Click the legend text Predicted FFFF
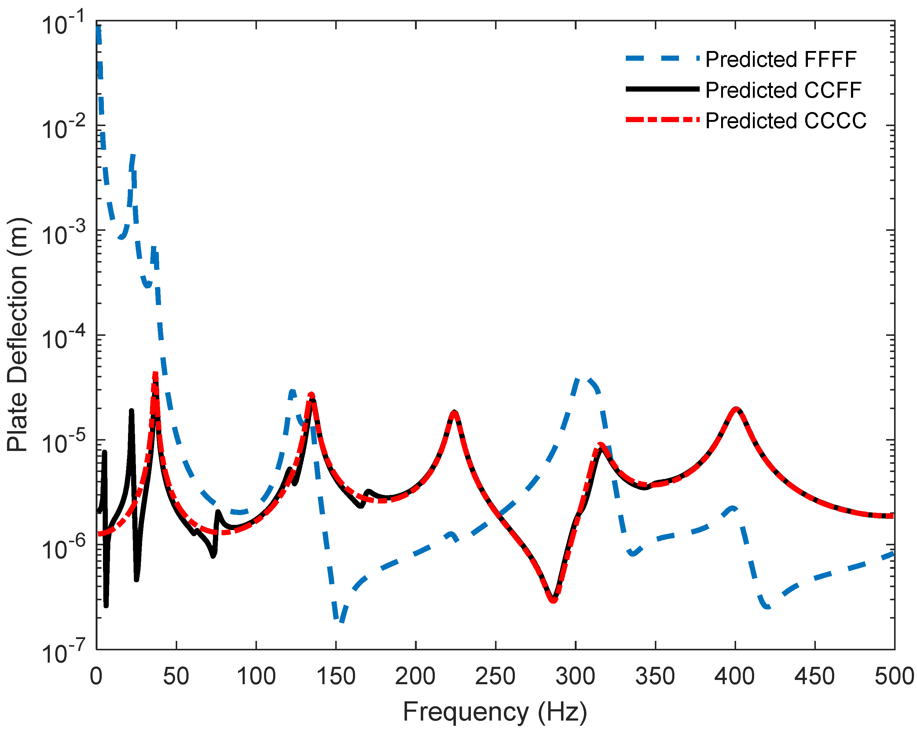tap(780, 60)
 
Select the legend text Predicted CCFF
tap(783, 90)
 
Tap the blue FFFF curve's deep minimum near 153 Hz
tap(340, 620)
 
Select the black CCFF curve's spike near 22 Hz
tap(131, 411)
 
